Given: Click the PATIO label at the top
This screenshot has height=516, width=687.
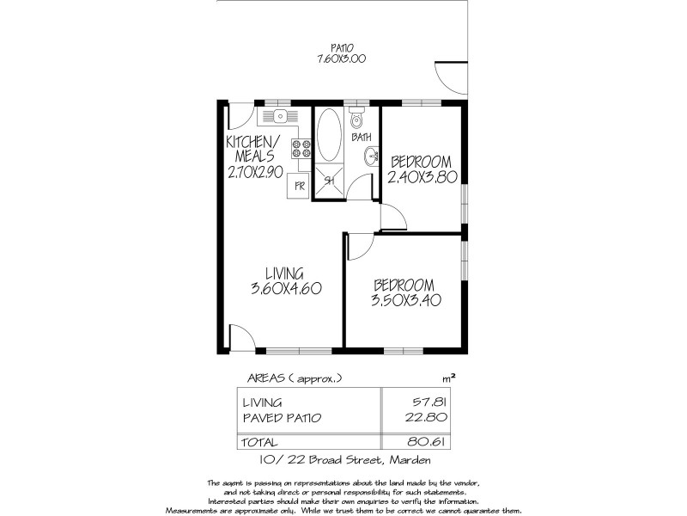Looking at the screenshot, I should [343, 47].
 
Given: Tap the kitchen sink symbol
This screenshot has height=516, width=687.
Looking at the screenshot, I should [281, 116].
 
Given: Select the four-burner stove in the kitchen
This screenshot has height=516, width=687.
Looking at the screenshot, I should [301, 149].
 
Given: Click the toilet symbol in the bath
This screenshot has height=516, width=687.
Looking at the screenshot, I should [357, 120].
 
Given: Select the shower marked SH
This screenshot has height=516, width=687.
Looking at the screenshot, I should [328, 181].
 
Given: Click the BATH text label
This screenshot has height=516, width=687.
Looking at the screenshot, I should [361, 138].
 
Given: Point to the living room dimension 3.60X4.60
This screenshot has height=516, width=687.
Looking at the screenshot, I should [285, 289].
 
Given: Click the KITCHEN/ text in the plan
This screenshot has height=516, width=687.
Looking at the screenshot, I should [252, 141].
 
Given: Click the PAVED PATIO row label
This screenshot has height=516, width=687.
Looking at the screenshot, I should [281, 419].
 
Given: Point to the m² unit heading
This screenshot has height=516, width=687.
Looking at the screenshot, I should [447, 377].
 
